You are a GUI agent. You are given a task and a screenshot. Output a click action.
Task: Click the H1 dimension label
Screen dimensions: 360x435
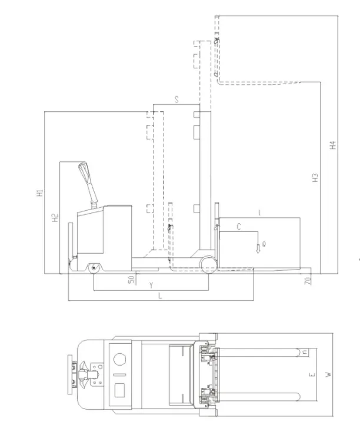click(40, 193)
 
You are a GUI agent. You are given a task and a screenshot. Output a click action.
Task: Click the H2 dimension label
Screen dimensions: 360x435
click(55, 218)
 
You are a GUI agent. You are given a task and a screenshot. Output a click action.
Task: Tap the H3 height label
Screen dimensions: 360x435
click(315, 178)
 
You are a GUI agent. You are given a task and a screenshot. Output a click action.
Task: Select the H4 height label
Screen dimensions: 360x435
click(333, 145)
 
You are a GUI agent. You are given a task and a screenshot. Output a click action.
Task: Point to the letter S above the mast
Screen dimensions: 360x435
click(176, 99)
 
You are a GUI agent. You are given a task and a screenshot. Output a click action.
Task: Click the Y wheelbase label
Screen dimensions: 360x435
click(151, 285)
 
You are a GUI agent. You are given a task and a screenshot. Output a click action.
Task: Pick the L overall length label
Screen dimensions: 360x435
click(160, 295)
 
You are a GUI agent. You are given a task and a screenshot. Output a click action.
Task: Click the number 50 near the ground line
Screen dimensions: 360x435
click(131, 280)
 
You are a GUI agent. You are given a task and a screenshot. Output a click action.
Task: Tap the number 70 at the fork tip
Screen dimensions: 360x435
click(308, 281)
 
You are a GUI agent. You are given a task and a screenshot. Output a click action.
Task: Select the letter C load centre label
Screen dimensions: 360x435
click(239, 227)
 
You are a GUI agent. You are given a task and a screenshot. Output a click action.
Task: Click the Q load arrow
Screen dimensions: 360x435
click(258, 248)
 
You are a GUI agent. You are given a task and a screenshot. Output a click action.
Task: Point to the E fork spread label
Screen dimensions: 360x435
click(312, 375)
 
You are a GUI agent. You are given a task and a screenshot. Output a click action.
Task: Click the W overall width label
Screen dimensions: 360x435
click(329, 374)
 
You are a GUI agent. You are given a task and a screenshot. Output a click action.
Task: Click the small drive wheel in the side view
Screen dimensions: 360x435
click(94, 268)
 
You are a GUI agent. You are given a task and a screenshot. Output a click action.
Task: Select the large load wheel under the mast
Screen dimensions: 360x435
click(209, 265)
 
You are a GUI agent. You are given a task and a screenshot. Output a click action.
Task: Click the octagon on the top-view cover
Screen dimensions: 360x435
click(120, 359)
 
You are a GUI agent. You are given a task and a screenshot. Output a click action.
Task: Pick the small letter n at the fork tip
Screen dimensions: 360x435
click(305, 352)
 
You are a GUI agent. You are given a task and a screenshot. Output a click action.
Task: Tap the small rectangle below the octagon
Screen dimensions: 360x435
click(119, 390)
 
